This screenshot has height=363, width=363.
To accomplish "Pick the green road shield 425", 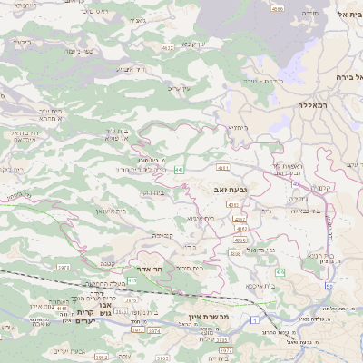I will point(132,280).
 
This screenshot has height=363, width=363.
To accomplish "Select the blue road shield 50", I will point(329,286).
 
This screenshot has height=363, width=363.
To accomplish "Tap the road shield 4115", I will point(62,309).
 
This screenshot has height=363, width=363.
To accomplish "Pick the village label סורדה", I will point(309,14).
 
